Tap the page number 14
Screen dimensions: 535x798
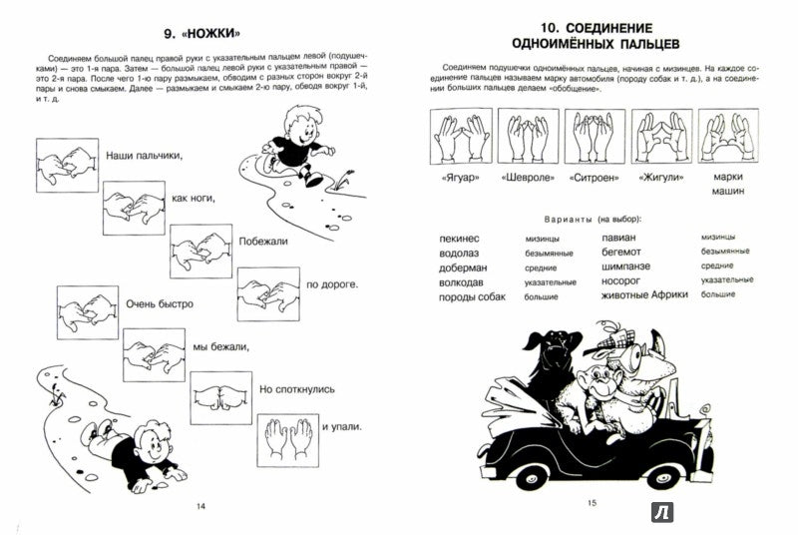(x=200, y=508)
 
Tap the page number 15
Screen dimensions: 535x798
(x=591, y=503)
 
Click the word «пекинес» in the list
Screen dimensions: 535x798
(x=462, y=240)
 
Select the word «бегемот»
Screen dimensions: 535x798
(x=625, y=254)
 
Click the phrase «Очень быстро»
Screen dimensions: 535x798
(x=159, y=303)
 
